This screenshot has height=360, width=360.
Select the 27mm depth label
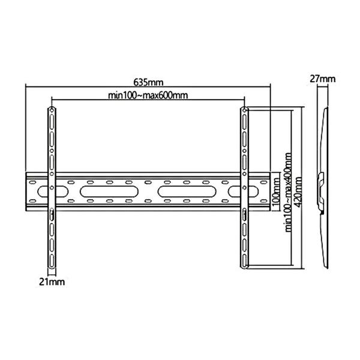[x=322, y=79]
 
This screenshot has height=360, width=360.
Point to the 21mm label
[x=52, y=280]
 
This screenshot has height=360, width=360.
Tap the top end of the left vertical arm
[x=52, y=110]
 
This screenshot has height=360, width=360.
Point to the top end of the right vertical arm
[x=244, y=110]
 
